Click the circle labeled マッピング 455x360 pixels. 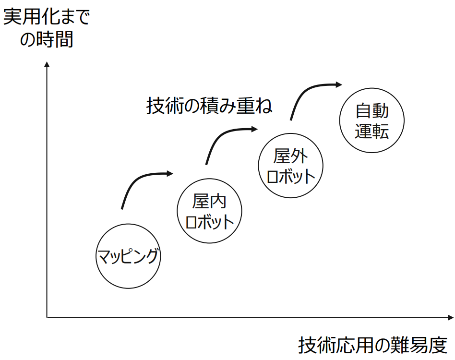pos(128,256)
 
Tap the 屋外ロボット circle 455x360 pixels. pos(290,166)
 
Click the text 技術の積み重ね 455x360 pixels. pos(209,106)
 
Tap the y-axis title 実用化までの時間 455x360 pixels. pos(47,29)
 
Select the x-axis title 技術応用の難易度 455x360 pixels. pos(372,345)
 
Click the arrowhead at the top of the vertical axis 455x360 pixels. pos(47,64)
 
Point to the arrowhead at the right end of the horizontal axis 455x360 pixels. pos(450,317)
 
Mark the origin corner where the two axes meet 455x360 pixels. pos(47,317)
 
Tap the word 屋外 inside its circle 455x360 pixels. pos(290,156)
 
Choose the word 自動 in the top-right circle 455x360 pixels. pos(372,111)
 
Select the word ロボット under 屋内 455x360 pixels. pos(209,222)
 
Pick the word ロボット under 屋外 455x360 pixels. pos(291,177)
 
